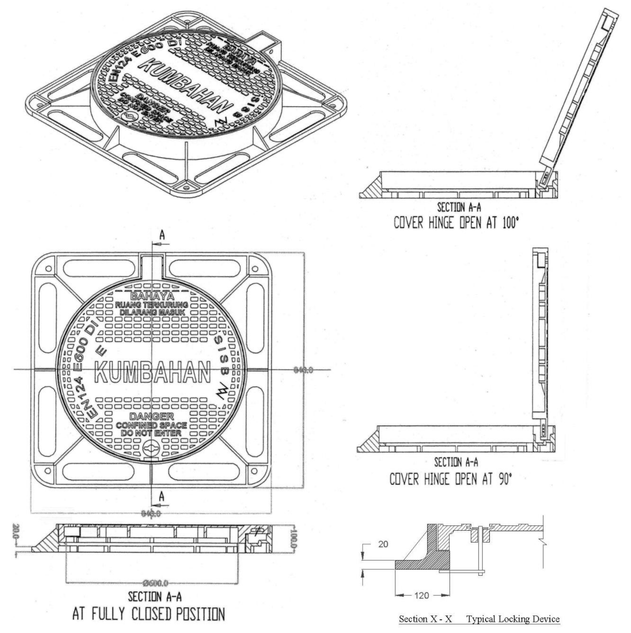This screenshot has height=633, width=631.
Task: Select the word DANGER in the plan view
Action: click(152, 417)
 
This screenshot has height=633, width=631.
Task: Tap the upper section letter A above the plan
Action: click(162, 235)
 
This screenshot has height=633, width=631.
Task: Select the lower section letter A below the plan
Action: click(162, 497)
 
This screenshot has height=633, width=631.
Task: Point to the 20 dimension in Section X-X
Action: click(383, 544)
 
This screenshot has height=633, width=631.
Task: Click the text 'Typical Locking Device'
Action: click(513, 619)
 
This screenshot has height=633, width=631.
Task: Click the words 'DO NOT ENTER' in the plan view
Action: click(151, 433)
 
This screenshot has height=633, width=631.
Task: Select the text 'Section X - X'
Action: click(425, 619)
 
